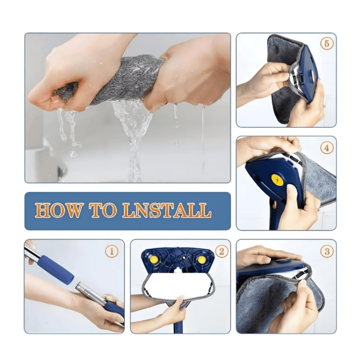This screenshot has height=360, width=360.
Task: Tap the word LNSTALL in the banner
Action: [167, 210]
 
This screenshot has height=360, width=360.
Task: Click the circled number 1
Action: [111, 252]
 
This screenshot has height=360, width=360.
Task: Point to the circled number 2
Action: [221, 252]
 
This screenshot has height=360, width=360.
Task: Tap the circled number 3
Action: [327, 252]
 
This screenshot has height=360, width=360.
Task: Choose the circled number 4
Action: [327, 148]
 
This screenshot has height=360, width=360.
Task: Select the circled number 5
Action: [327, 44]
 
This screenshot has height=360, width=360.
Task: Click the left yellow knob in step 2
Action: [154, 260]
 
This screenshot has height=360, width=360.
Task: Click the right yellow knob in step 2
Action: [202, 260]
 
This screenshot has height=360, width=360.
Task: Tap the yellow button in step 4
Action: [277, 180]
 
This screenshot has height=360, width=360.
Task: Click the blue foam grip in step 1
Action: [56, 269]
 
